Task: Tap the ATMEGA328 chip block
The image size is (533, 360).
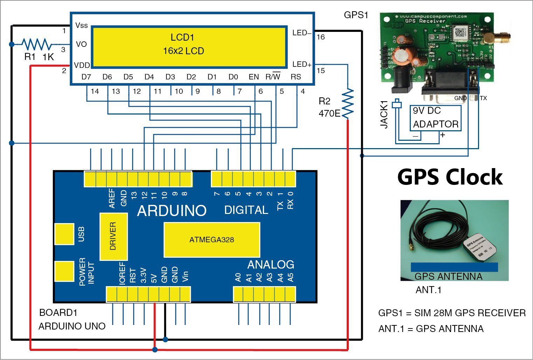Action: tap(212, 240)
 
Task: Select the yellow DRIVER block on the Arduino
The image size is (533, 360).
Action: tap(113, 236)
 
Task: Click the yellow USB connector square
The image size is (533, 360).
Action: tap(64, 234)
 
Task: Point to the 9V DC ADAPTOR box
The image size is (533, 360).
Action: tap(435, 118)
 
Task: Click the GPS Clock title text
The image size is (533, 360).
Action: tap(450, 177)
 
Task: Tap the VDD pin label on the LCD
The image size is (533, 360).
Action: tap(82, 65)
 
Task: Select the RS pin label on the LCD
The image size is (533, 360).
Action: tap(296, 77)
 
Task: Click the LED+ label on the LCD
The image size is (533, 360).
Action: tap(302, 64)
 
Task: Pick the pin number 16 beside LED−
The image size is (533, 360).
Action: tap(320, 37)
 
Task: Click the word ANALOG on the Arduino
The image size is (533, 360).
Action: tap(270, 265)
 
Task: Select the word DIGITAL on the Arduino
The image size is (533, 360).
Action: tap(246, 210)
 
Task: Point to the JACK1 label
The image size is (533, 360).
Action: tap(384, 114)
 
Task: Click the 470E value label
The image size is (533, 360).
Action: tap(329, 113)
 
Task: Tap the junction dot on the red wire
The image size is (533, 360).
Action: tap(155, 349)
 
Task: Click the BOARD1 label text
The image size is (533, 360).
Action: tap(58, 312)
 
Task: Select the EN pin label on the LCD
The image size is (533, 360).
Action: tap(254, 77)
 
